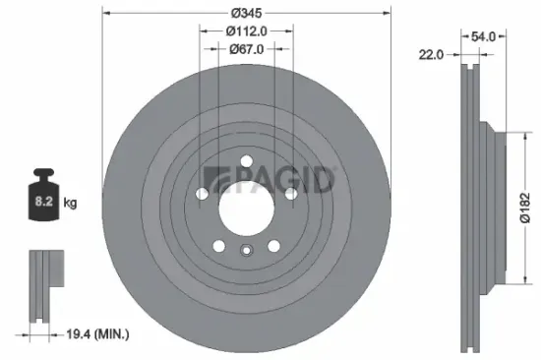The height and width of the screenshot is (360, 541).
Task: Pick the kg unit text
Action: pos(70,204)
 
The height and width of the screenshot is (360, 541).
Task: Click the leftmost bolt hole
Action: pos(203,195)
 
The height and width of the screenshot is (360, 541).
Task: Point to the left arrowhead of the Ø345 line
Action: pos(105,13)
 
